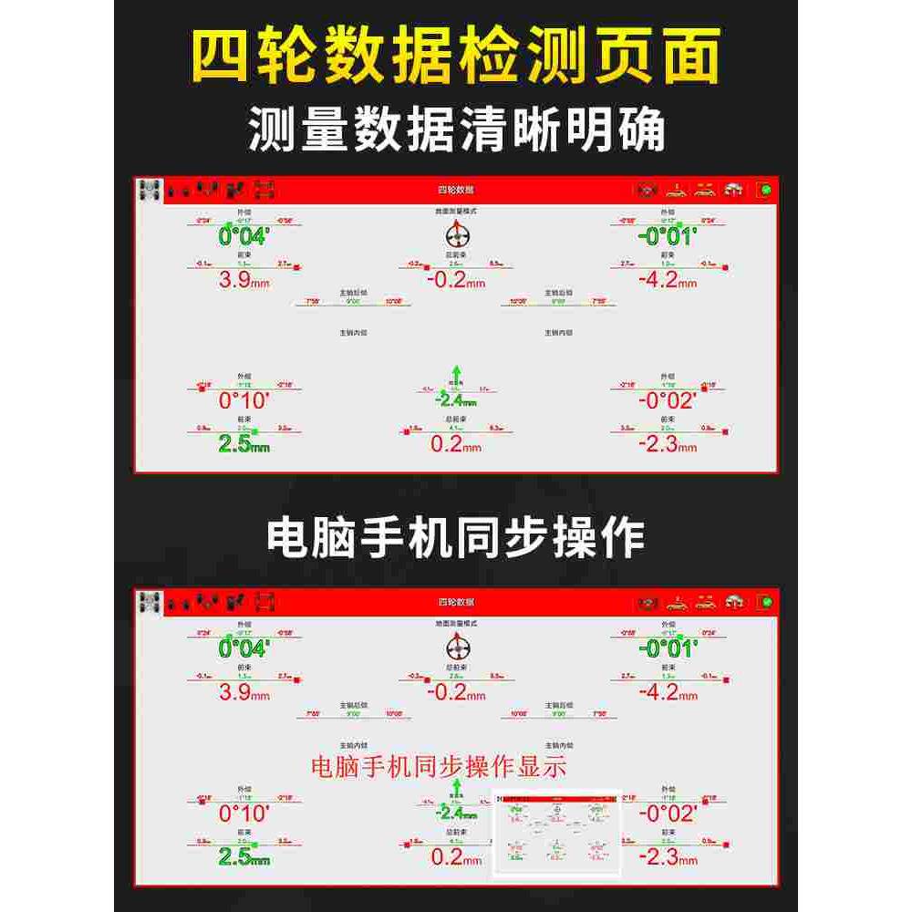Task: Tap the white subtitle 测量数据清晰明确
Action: [457, 130]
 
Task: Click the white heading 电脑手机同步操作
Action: [455, 538]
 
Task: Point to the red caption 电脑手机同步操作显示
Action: [440, 765]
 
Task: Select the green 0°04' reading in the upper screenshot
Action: [244, 237]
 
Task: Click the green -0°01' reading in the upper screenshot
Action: [668, 237]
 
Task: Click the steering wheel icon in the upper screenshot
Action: [457, 232]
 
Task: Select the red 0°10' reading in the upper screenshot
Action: [244, 400]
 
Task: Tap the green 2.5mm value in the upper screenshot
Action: [244, 444]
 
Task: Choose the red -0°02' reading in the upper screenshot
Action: [668, 400]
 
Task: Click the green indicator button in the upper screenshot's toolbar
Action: [763, 191]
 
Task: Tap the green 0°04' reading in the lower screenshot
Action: [244, 648]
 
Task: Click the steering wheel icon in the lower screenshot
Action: [457, 645]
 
